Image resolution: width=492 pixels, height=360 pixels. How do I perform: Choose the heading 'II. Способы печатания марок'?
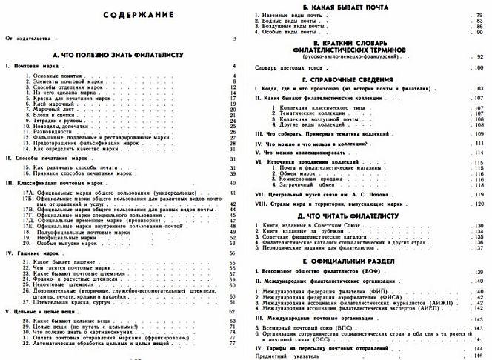pyautogui.click(x=46, y=159)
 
